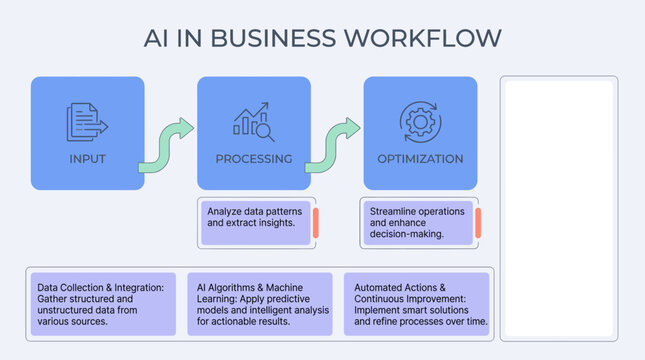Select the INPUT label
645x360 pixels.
(87, 159)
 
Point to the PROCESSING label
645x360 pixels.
(254, 159)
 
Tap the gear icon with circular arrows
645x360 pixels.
(420, 118)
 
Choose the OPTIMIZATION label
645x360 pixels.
(420, 159)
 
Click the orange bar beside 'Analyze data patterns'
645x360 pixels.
(315, 222)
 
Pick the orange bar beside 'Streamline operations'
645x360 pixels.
(478, 222)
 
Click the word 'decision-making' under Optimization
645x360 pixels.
(410, 234)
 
